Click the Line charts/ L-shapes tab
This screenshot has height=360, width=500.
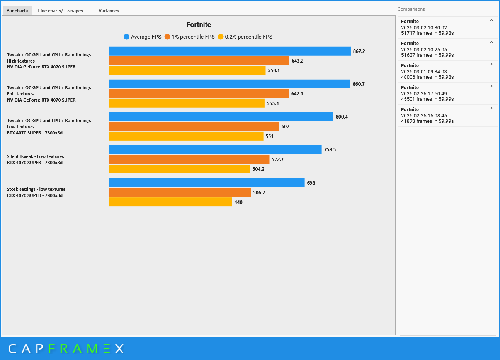(x=61, y=11)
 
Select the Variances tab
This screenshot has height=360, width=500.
(x=109, y=11)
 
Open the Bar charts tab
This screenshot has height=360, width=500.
(x=17, y=11)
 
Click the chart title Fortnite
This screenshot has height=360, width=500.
(x=199, y=25)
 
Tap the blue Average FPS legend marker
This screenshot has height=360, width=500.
(x=126, y=37)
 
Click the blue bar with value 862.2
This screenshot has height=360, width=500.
(x=230, y=51)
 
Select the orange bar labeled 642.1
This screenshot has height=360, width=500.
(x=199, y=94)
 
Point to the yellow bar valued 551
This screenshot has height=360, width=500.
(x=186, y=136)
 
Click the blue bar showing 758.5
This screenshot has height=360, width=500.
(x=215, y=150)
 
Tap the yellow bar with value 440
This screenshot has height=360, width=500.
(x=171, y=202)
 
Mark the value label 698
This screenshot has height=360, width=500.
(x=311, y=183)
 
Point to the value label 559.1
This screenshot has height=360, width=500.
(x=274, y=71)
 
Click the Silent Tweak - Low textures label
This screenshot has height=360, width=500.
(x=35, y=156)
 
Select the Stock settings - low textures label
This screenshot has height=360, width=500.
(x=36, y=189)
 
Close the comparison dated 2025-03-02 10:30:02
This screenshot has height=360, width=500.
(x=491, y=20)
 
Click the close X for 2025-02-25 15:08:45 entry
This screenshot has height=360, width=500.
(x=491, y=108)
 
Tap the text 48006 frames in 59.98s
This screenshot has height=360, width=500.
(x=427, y=77)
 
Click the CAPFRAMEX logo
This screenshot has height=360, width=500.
(x=66, y=349)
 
